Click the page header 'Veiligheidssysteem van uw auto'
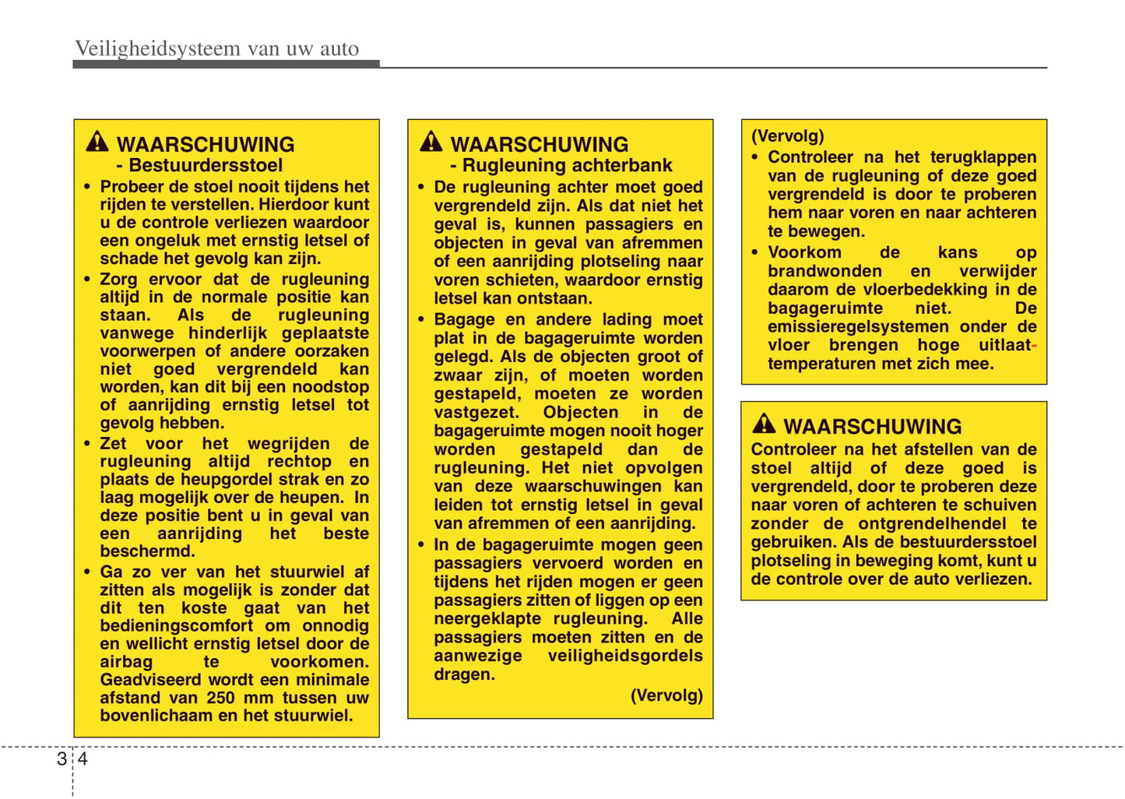[216, 49]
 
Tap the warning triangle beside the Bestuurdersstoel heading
[97, 142]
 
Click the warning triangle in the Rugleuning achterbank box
[431, 142]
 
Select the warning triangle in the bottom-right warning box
[764, 424]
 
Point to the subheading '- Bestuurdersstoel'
[199, 165]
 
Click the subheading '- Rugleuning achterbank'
[561, 165]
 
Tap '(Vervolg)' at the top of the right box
[787, 136]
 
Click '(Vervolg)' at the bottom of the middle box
[666, 695]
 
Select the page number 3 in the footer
[62, 759]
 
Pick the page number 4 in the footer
[83, 759]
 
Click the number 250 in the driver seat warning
[220, 698]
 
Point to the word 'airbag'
[126, 662]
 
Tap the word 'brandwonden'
[824, 271]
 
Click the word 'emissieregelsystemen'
[847, 327]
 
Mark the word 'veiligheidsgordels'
[625, 656]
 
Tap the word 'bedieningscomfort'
[176, 626]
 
